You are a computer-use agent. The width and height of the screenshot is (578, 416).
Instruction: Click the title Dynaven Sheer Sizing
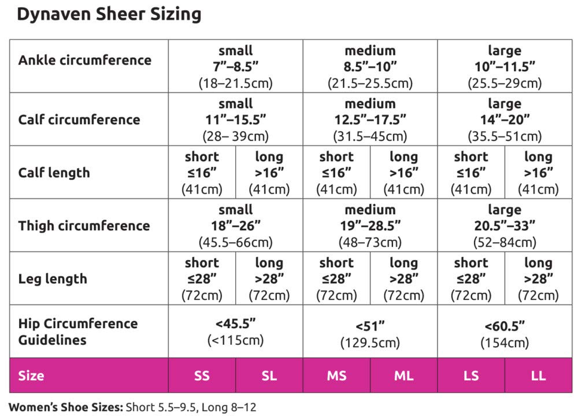pos(109,14)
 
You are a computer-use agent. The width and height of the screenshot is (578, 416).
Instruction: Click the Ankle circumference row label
pos(84,60)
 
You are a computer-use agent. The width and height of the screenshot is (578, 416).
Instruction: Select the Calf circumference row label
pos(79,120)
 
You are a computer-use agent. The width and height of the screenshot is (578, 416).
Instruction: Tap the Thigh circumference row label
pos(84,225)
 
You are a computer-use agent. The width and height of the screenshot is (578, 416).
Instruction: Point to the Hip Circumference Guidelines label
pos(77,332)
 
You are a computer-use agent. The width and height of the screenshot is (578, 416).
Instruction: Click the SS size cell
pos(202,376)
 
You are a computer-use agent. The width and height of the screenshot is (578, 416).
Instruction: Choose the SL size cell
pos(269,376)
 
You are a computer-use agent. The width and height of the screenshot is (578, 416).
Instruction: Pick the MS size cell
pos(336,376)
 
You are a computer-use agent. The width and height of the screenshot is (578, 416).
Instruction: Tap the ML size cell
pos(403,376)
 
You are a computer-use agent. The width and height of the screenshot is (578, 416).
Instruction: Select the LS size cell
pos(471,376)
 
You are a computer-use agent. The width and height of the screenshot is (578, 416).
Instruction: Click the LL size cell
pos(538,376)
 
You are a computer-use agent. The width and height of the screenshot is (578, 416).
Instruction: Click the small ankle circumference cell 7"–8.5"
pos(235,66)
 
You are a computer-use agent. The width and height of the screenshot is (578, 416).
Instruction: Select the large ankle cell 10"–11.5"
pos(505,66)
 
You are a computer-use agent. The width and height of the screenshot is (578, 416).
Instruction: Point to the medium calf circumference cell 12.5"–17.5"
pos(370,120)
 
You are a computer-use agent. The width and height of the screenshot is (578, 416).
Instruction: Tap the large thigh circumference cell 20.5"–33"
pos(505,226)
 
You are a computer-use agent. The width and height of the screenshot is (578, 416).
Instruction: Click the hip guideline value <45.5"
pos(235,332)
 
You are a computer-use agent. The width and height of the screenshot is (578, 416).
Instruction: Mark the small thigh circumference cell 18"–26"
pos(235,226)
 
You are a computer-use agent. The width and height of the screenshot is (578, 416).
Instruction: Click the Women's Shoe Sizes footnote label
pos(65,407)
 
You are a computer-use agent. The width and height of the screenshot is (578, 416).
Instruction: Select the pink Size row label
pos(31,376)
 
